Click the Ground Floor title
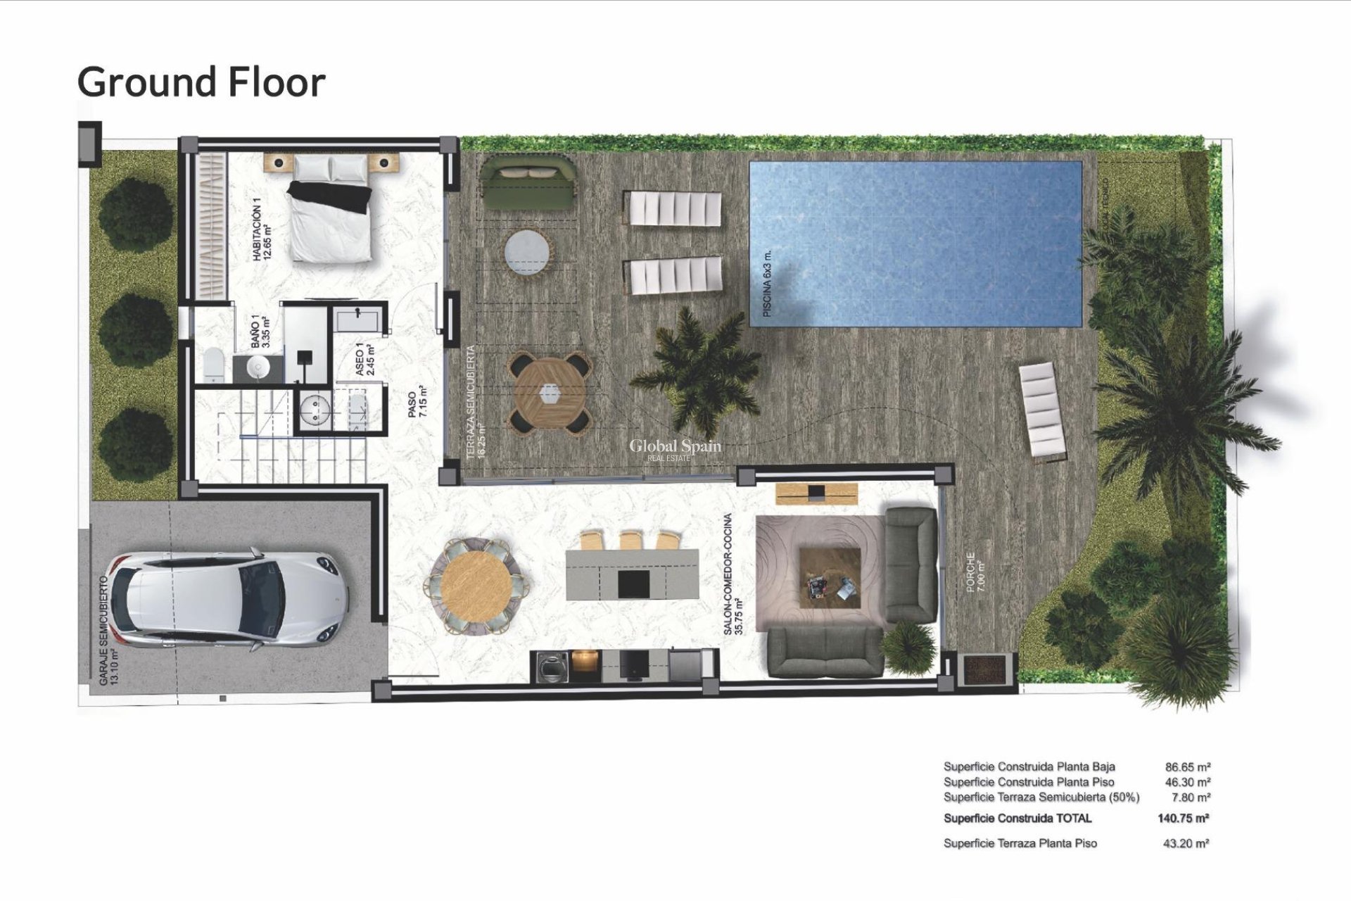pyautogui.click(x=201, y=82)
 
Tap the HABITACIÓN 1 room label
pyautogui.click(x=262, y=230)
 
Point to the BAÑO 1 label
pyautogui.click(x=260, y=331)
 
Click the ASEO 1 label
pyautogui.click(x=364, y=360)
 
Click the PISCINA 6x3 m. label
pyautogui.click(x=767, y=284)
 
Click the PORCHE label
pyautogui.click(x=975, y=572)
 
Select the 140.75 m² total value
pyautogui.click(x=1183, y=818)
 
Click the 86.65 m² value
pyautogui.click(x=1188, y=767)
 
